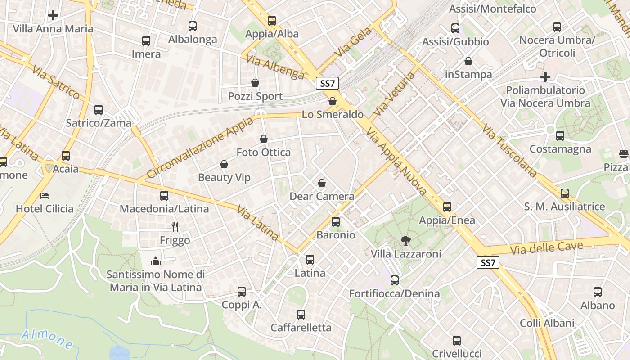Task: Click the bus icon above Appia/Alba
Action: pyautogui.click(x=271, y=20)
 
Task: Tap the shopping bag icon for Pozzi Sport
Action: pyautogui.click(x=255, y=83)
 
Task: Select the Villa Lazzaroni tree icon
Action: pyautogui.click(x=405, y=241)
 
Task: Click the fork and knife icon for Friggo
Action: pyautogui.click(x=175, y=227)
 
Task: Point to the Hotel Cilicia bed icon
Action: pyautogui.click(x=45, y=195)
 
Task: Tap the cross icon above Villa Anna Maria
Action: pyautogui.click(x=53, y=15)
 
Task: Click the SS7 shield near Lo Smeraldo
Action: pyautogui.click(x=327, y=83)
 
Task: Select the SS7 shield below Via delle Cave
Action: pyautogui.click(x=488, y=263)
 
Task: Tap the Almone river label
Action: pyautogui.click(x=47, y=338)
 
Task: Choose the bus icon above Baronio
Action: pyautogui.click(x=336, y=221)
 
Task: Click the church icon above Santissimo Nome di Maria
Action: pyautogui.click(x=156, y=261)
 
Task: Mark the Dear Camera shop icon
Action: pyautogui.click(x=322, y=183)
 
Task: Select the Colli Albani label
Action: pyautogui.click(x=547, y=323)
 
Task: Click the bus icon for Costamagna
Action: pyautogui.click(x=560, y=135)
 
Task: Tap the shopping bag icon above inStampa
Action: pyautogui.click(x=468, y=61)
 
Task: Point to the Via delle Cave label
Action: pyautogui.click(x=546, y=247)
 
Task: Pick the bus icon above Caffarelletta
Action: pyautogui.click(x=301, y=314)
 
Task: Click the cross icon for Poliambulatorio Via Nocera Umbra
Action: pyautogui.click(x=545, y=77)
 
